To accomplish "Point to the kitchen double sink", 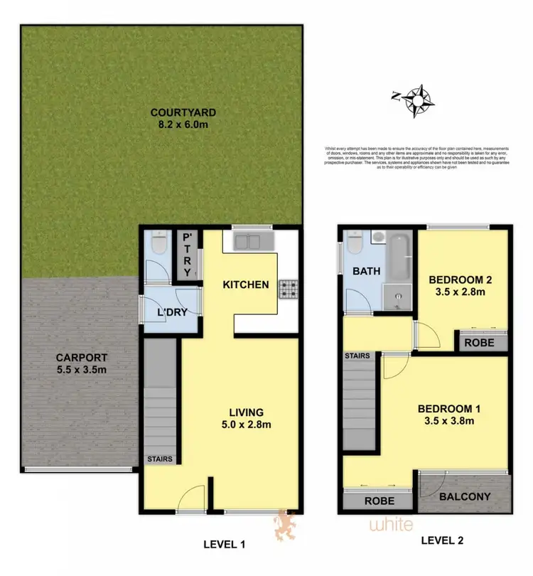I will tap(246, 242).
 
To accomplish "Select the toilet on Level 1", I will tap(158, 246).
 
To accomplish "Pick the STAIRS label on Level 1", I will tap(160, 459).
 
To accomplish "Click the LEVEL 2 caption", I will tap(441, 540).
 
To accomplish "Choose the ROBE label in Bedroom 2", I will tap(481, 342).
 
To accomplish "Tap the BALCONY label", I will tap(466, 496).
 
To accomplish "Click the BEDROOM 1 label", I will tap(449, 415).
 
